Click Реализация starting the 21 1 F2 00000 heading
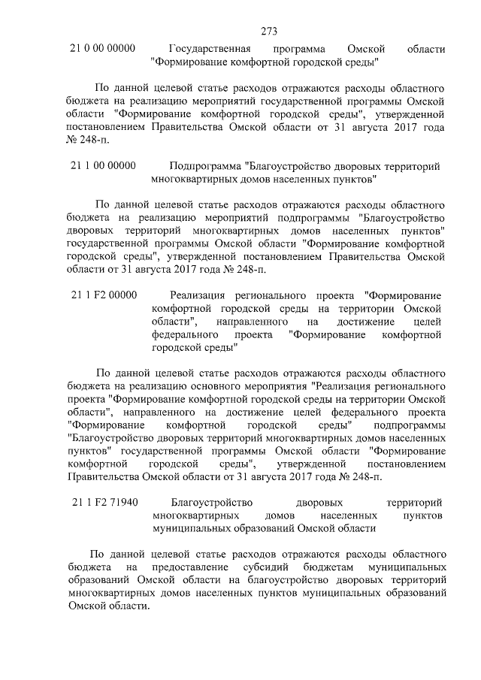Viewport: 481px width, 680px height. click(x=198, y=295)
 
